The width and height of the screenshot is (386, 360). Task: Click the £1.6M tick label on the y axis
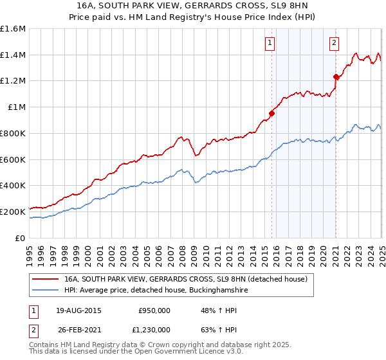coord(13,29)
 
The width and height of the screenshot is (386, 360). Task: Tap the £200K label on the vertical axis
coord(13,212)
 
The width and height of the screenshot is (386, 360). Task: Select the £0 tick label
coord(21,238)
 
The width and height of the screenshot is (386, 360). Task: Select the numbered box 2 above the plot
coord(335,43)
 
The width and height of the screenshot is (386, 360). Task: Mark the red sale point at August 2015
coord(271,113)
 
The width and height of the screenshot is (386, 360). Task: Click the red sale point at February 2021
coord(336,76)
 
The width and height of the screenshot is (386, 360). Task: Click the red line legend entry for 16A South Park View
coord(187,280)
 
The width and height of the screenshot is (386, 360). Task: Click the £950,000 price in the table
coord(154,310)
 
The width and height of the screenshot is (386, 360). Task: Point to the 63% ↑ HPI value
coord(215,330)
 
